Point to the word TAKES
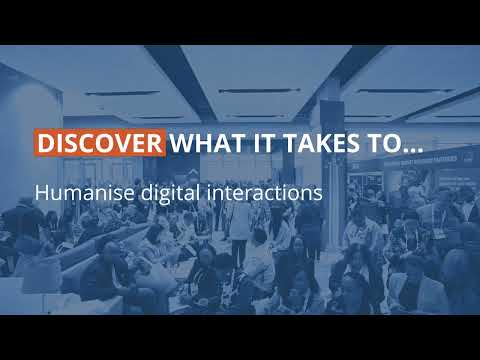tap(306, 143)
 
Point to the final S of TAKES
tap(337, 143)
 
